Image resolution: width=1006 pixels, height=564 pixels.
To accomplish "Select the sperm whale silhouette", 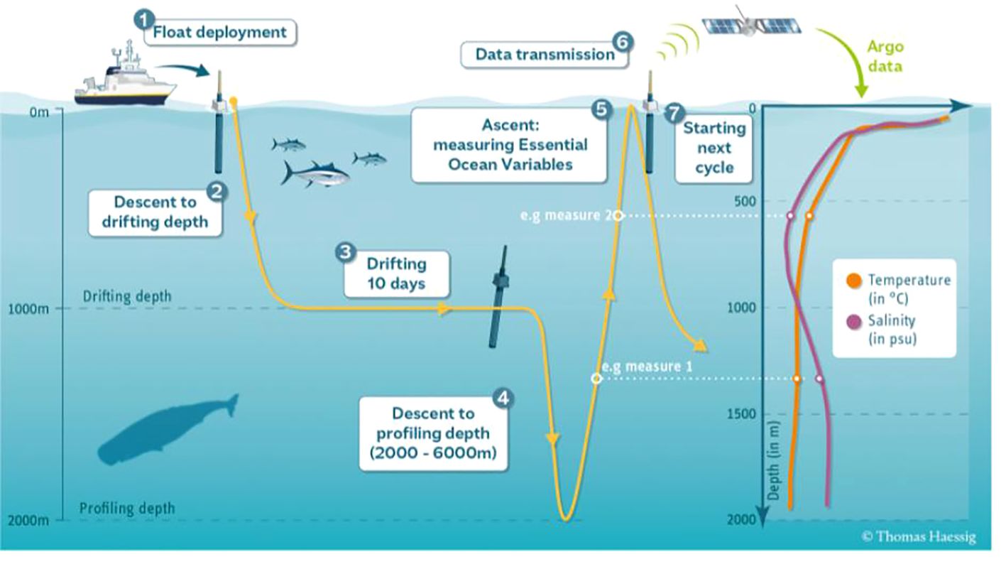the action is point(167,430).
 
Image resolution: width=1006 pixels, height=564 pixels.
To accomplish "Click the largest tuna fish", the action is point(315,173).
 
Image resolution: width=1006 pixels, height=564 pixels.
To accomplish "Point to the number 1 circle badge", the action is point(143,19).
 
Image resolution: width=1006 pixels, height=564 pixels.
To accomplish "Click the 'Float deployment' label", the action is point(219,33).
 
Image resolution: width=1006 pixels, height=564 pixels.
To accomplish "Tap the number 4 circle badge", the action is point(503,398).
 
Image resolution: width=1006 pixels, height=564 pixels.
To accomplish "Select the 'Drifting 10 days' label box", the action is point(397,273).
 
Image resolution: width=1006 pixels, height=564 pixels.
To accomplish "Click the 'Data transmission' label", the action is point(545,55).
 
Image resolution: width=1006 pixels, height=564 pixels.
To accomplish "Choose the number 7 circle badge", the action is point(674,113).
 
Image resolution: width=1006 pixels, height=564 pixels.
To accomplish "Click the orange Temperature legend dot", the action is point(854,281).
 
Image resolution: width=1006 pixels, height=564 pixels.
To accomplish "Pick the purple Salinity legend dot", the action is point(854,322).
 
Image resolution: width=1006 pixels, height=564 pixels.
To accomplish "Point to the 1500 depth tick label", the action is point(741,414).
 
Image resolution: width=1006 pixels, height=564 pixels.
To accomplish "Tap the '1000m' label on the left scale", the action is point(28,309).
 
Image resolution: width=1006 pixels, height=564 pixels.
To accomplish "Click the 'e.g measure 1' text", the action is point(647,367).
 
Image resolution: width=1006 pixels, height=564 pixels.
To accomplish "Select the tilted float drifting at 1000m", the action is point(498,297).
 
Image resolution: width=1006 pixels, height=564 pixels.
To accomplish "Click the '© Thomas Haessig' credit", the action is point(919,536).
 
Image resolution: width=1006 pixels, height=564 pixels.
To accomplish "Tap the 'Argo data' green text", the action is point(885,56).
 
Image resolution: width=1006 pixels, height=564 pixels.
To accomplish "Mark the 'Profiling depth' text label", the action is point(127,509).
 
